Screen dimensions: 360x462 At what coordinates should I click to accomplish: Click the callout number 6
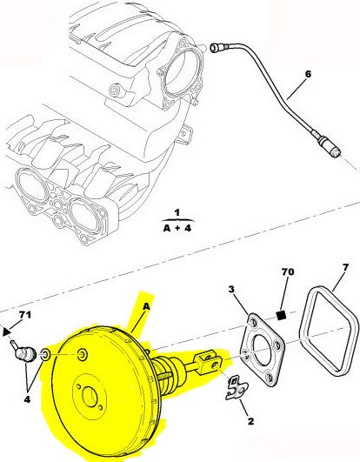[308, 74]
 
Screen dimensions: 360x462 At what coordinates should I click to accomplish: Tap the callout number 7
[345, 267]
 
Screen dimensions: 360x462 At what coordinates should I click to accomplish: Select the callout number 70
[288, 271]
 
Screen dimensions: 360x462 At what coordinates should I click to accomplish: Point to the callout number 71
[24, 315]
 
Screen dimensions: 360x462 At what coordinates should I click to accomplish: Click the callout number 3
[231, 290]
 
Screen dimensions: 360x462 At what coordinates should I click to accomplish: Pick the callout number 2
[250, 421]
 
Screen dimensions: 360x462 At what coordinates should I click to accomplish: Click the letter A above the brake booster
[146, 307]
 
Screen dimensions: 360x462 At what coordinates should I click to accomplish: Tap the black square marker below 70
[282, 315]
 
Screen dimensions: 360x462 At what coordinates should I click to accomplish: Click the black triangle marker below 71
[6, 331]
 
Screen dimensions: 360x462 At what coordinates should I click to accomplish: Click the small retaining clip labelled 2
[237, 387]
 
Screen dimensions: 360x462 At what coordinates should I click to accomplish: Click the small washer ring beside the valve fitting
[45, 354]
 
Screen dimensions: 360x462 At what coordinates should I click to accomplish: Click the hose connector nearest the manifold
[217, 47]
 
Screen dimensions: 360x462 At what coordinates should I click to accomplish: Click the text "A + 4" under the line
[177, 228]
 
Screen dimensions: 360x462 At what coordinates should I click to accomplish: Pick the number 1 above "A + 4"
[177, 213]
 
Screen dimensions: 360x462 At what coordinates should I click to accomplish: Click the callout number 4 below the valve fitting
[27, 400]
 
